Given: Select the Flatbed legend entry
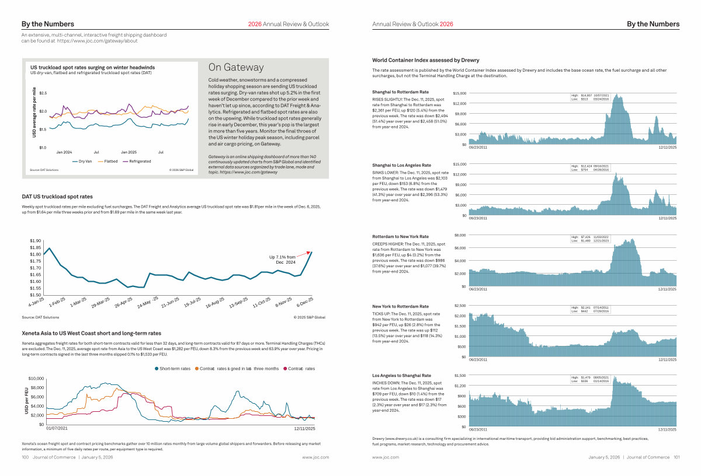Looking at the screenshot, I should [110, 161].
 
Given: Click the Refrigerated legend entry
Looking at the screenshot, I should [137, 161].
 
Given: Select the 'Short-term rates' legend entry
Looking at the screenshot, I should [174, 369].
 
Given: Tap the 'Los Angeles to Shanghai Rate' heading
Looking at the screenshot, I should [401, 375].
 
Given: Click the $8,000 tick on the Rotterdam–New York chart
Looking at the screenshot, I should [460, 236].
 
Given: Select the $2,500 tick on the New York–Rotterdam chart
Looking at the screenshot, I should [460, 306].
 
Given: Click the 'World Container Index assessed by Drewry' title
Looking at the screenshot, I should [417, 60].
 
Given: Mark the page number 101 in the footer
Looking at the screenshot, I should [676, 457].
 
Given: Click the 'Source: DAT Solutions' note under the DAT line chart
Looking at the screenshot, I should [40, 317].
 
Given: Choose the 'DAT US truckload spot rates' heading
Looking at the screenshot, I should [57, 197].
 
